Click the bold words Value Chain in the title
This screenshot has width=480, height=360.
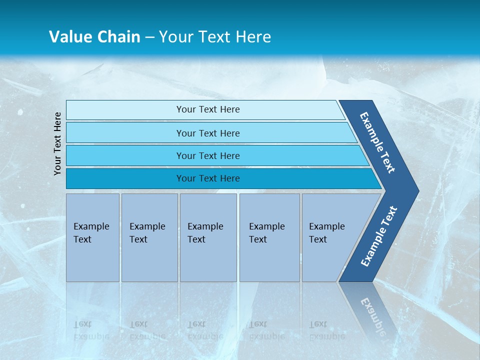point(94,37)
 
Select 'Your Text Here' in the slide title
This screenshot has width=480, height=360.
point(215,37)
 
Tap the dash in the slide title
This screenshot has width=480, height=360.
point(149,37)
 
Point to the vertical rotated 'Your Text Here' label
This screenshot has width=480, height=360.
point(57,143)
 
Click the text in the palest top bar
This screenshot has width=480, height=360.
point(208,109)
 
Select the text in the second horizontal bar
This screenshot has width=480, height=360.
point(208,133)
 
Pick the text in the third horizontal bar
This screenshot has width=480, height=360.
point(208,155)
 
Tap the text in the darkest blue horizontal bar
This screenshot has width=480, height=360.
point(208,178)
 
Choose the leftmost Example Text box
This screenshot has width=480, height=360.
point(92,237)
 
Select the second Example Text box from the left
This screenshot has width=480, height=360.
point(149,237)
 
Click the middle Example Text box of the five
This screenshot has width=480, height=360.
point(208,237)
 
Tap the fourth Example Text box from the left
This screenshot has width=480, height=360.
point(269,237)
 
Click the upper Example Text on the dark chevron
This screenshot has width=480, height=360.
point(377,142)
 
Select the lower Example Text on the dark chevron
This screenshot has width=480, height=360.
point(379,236)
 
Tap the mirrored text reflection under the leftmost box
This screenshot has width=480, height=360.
point(91,330)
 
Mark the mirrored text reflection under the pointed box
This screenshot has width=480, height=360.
point(326,330)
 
